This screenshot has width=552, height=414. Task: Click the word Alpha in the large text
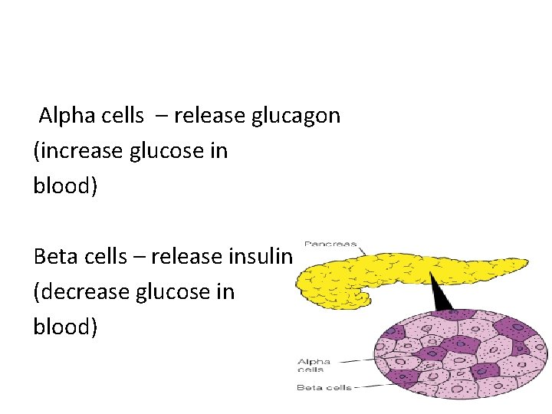point(63,116)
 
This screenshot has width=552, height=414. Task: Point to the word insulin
point(262,257)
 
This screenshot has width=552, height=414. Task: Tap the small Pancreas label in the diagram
point(330,245)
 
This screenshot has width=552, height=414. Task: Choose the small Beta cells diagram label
point(324,388)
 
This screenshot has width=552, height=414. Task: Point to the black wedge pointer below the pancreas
point(442,295)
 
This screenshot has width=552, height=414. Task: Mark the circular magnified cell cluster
point(461,353)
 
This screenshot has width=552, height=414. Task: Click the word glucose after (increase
point(160,151)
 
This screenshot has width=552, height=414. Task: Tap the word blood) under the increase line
point(65,186)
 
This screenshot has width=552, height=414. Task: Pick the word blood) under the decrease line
point(65,327)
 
